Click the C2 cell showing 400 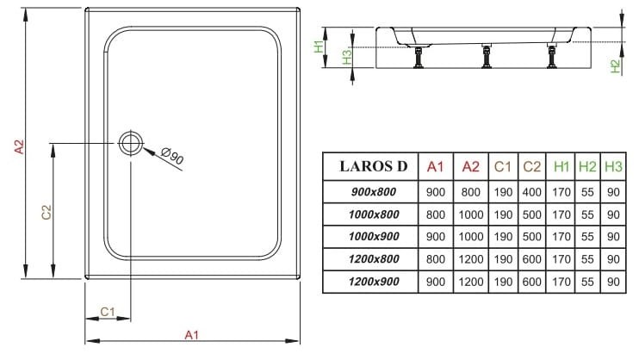(532, 190)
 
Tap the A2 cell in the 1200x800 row (471, 258)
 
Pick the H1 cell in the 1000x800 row (561, 214)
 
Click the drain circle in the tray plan (131, 143)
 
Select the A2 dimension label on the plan (19, 147)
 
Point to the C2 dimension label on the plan (47, 212)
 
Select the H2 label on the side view (615, 65)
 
